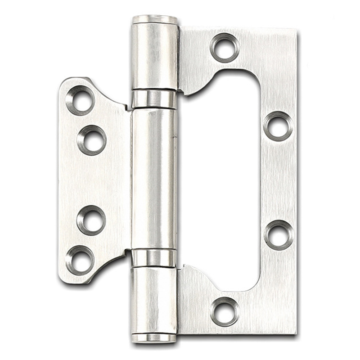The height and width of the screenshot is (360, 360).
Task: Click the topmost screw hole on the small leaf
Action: tap(80, 100)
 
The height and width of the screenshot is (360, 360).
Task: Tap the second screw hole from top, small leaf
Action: tap(92, 140)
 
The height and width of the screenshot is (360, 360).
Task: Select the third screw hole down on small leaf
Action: tap(91, 220)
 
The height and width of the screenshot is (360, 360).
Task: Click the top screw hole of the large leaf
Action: tap(224, 47)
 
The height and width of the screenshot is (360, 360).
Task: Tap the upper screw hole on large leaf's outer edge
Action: tap(278, 126)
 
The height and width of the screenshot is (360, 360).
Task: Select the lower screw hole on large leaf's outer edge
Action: tap(279, 234)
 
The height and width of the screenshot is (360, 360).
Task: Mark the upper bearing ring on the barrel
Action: tap(154, 99)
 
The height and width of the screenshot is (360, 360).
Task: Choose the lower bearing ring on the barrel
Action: tap(154, 258)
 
